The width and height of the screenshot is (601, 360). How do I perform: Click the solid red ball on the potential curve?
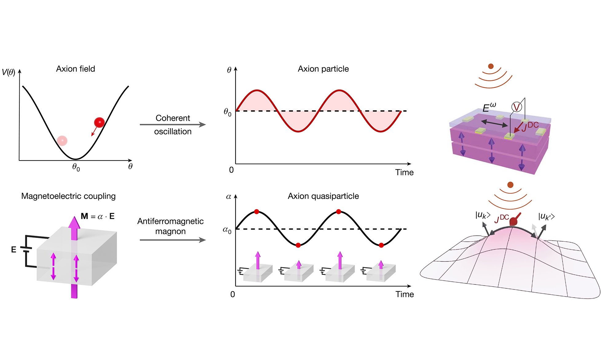point(99,122)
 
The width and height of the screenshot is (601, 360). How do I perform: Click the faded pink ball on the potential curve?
point(62,140)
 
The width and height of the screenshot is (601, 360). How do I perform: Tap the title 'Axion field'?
point(76,69)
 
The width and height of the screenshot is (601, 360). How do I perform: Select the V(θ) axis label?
point(9,72)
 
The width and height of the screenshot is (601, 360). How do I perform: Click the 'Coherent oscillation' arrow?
point(173,125)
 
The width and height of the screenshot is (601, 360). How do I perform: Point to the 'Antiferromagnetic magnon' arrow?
point(173,240)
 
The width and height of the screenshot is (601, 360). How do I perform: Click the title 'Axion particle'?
point(323,69)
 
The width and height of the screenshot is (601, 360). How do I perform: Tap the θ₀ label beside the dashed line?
point(227,112)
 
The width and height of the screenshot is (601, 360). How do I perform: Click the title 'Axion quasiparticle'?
point(323,196)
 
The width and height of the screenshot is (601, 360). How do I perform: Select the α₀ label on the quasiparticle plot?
point(227,230)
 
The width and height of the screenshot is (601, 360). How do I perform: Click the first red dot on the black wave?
point(257,212)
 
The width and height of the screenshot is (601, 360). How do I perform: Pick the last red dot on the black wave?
point(381,245)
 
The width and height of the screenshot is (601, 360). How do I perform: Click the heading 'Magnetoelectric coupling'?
point(69,196)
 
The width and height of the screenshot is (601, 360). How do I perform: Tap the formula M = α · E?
point(98,216)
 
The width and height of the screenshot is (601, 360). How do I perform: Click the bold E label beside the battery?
point(14,249)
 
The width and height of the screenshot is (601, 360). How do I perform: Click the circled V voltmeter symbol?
point(517,107)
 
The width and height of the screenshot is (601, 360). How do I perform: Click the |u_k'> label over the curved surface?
point(546,217)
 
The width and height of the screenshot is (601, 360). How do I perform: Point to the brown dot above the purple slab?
point(491,66)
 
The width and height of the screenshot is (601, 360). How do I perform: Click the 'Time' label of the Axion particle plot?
point(405,172)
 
